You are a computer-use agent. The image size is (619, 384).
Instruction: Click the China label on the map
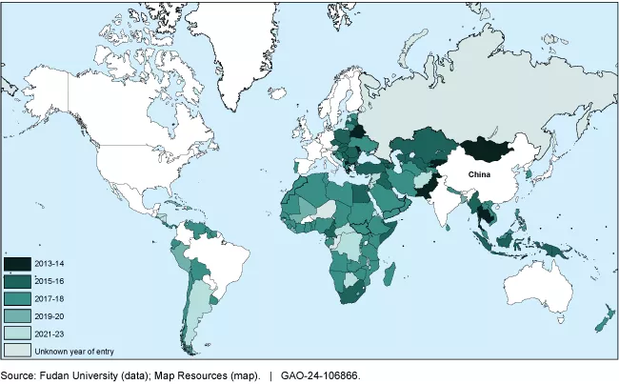coord(479,174)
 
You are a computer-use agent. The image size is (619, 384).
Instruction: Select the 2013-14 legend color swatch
coord(18,264)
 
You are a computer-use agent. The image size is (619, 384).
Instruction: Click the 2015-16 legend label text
coord(50,281)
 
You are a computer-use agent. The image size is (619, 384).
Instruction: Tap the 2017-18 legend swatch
coord(18,298)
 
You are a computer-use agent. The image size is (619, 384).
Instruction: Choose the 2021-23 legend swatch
coord(18,333)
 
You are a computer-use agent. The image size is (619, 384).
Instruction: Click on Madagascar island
coord(389,276)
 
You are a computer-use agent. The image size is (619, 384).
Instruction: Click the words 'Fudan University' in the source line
coord(75,375)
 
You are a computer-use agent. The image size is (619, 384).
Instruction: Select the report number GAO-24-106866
coord(320,375)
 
